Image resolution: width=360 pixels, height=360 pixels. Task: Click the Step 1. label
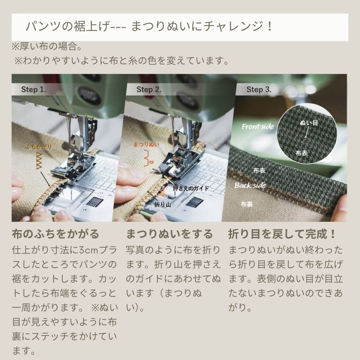coord(33,89)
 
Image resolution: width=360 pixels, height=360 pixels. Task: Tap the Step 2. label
coord(149,89)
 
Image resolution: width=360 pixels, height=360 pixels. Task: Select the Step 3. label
coord(259,89)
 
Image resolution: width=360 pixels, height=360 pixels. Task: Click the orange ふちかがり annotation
coord(39,147)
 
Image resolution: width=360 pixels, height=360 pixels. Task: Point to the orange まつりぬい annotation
coord(146,144)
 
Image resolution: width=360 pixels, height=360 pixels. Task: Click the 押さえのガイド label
coord(191,189)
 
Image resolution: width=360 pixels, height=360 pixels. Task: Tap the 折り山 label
coord(163,204)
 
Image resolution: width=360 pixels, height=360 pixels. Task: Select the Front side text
coord(258,126)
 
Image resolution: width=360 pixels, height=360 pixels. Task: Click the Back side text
coord(250,185)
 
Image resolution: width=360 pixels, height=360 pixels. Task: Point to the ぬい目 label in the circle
coord(309,123)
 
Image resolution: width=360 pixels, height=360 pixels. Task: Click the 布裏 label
coord(247,204)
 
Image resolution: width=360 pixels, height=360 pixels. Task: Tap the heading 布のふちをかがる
coord(55,234)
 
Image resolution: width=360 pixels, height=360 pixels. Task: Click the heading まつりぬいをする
coord(170,234)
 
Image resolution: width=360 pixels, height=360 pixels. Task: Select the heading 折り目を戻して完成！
coord(282,234)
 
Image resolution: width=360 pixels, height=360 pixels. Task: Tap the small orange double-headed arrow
coord(152,162)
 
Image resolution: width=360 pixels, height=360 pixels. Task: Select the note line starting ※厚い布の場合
coord(47,46)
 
